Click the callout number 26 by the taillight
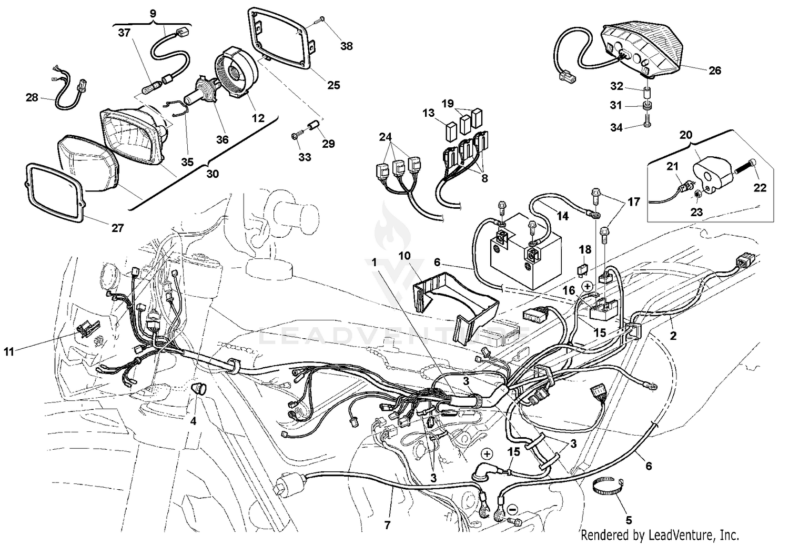[715, 70]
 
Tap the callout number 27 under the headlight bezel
[117, 228]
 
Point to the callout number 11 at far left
[9, 352]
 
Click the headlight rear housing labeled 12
[237, 74]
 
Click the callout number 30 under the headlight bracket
[213, 174]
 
